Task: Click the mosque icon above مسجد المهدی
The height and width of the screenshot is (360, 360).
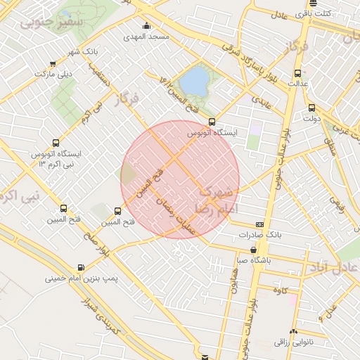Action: pyautogui.click(x=146, y=26)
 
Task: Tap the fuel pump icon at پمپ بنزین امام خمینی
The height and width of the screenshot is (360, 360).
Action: pyautogui.click(x=81, y=267)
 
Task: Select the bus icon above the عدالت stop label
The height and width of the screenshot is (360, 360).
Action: pyautogui.click(x=297, y=73)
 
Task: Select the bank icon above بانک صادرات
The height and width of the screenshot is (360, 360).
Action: pyautogui.click(x=260, y=224)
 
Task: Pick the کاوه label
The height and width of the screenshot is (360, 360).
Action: pyautogui.click(x=281, y=289)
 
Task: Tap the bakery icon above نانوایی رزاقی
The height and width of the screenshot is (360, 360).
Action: pyautogui.click(x=293, y=331)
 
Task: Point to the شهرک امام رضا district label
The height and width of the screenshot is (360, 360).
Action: pyautogui.click(x=219, y=200)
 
